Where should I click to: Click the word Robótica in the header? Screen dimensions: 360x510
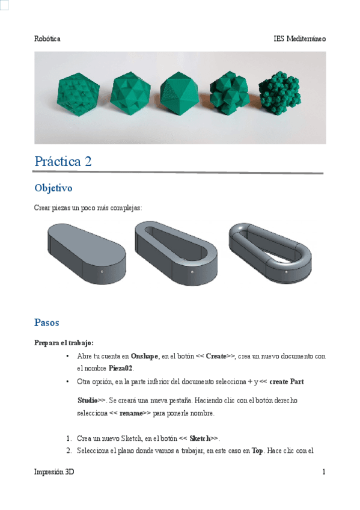pyautogui.click(x=47, y=38)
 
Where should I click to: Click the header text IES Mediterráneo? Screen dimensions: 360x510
pyautogui.click(x=299, y=38)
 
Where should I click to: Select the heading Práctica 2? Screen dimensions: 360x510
pyautogui.click(x=63, y=161)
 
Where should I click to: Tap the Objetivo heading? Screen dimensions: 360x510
pyautogui.click(x=53, y=188)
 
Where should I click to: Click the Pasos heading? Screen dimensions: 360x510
pyautogui.click(x=47, y=322)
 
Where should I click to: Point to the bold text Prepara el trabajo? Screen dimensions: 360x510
pyautogui.click(x=64, y=343)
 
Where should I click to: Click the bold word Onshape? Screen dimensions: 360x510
pyautogui.click(x=144, y=356)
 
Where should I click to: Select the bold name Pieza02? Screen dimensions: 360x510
pyautogui.click(x=121, y=368)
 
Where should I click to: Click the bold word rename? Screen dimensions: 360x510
pyautogui.click(x=131, y=414)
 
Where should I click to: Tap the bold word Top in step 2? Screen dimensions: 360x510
pyautogui.click(x=257, y=450)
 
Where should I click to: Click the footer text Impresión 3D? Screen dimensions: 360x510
pyautogui.click(x=55, y=473)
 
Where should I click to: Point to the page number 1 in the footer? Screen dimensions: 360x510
pyautogui.click(x=323, y=473)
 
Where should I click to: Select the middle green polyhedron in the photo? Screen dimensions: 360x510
pyautogui.click(x=180, y=94)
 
